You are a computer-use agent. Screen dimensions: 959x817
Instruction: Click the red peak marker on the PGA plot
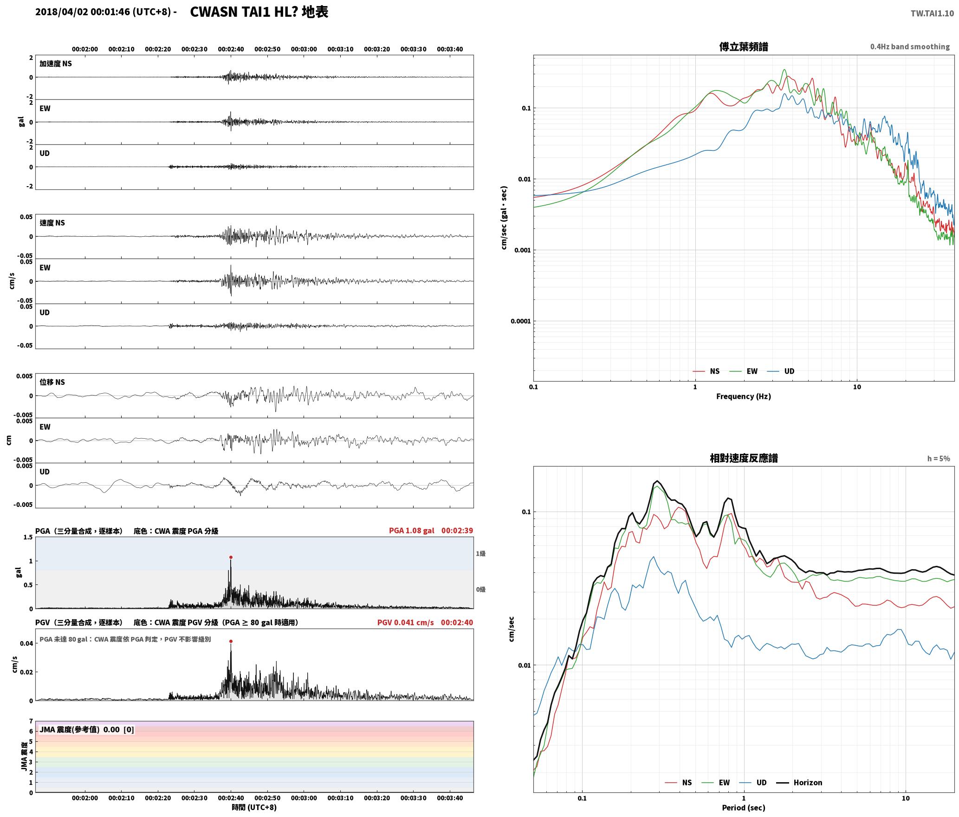pyautogui.click(x=231, y=557)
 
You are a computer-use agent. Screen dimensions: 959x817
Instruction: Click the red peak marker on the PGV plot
pyautogui.click(x=231, y=641)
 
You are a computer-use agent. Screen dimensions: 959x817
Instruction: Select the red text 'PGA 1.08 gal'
pyautogui.click(x=411, y=531)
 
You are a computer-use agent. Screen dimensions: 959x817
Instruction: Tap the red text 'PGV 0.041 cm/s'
pyautogui.click(x=405, y=622)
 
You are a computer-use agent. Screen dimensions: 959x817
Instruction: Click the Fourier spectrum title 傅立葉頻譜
pyautogui.click(x=743, y=46)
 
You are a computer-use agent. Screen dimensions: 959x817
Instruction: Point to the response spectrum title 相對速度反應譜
pyautogui.click(x=744, y=458)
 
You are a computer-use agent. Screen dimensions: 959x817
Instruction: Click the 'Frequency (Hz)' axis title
pyautogui.click(x=743, y=396)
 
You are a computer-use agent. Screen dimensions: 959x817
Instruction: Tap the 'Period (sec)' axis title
pyautogui.click(x=743, y=807)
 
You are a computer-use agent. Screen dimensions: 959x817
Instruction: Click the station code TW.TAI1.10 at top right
pyautogui.click(x=932, y=13)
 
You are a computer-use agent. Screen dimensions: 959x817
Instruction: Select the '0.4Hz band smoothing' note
pyautogui.click(x=910, y=46)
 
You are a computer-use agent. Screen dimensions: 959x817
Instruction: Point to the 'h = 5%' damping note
pyautogui.click(x=939, y=458)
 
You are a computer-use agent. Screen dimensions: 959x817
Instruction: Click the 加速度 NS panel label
pyautogui.click(x=56, y=64)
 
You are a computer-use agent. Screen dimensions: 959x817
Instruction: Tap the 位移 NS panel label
pyautogui.click(x=52, y=382)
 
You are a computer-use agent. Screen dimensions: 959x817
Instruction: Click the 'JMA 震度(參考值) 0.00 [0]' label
pyautogui.click(x=87, y=729)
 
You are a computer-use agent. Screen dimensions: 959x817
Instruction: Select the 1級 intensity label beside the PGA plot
pyautogui.click(x=480, y=553)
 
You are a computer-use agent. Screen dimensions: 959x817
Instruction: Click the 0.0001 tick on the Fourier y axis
pyautogui.click(x=520, y=321)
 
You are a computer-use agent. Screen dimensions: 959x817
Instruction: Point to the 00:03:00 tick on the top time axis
pyautogui.click(x=304, y=49)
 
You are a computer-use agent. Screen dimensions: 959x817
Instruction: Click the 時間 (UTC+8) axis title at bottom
pyautogui.click(x=254, y=807)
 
